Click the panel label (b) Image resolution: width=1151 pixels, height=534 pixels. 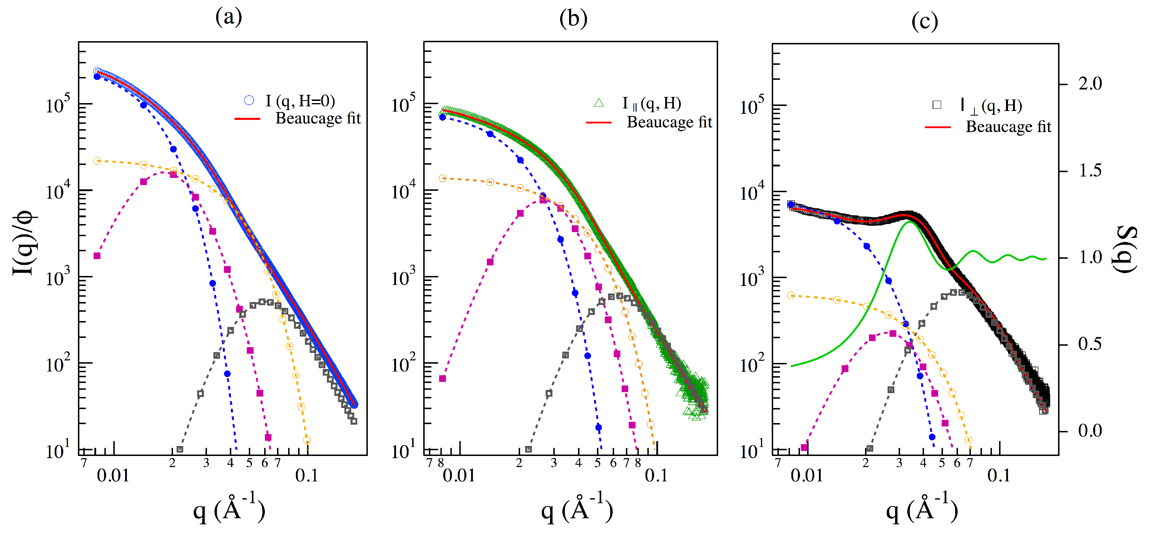pos(573,18)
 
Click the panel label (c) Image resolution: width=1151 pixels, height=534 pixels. pos(924,21)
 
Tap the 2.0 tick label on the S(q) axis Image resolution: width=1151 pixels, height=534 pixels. pos(1090,84)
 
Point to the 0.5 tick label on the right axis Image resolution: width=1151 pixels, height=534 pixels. pos(1090,344)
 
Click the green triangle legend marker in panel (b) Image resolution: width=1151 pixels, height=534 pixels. pos(599,103)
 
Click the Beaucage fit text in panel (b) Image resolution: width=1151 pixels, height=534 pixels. pos(669,122)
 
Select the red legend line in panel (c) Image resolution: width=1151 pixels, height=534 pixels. pos(937,127)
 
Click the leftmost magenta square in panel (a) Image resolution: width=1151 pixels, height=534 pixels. pos(97,256)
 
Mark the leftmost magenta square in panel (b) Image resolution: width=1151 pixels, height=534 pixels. pos(443,379)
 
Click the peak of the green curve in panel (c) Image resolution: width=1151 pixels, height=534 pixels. pos(909,222)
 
